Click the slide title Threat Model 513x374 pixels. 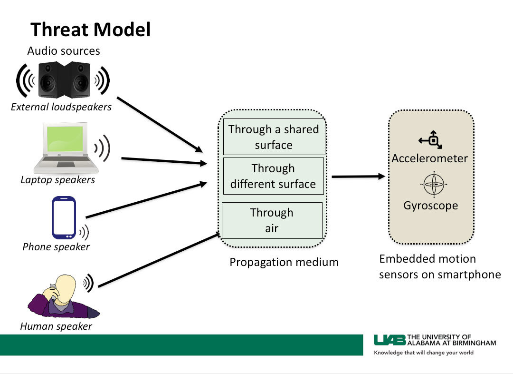pos(91,30)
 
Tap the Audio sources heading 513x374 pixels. pos(64,51)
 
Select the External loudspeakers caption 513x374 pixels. pos(61,107)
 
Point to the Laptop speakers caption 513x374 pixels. pos(58,180)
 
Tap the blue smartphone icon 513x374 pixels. pos(64,218)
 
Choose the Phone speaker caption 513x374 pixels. pos(56,247)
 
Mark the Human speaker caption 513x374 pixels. pos(56,326)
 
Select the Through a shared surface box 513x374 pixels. pos(274,137)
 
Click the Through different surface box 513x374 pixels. pos(273,176)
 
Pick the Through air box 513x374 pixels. pos(272,220)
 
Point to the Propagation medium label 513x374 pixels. pos(284,262)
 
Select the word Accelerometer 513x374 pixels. pos(430,158)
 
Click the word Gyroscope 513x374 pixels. pos(431,206)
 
